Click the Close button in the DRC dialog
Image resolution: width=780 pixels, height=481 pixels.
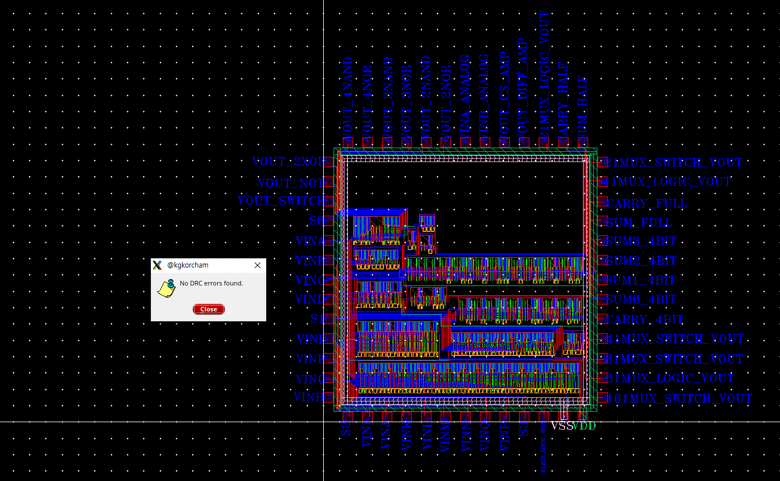coord(209,309)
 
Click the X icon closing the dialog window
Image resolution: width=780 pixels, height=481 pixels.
coord(258,265)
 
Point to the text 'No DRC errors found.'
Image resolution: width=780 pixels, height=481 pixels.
coord(211,283)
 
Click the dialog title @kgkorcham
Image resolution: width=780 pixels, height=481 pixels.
coord(188,265)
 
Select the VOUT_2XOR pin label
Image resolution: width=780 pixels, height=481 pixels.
coord(288,162)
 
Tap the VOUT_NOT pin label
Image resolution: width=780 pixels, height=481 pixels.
coord(291,183)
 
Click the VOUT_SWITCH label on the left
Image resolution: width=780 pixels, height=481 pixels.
coord(281,201)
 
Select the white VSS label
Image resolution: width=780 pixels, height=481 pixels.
coord(562,426)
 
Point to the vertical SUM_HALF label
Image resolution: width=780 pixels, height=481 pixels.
coord(582,107)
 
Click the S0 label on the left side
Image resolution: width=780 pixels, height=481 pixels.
coord(316,221)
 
